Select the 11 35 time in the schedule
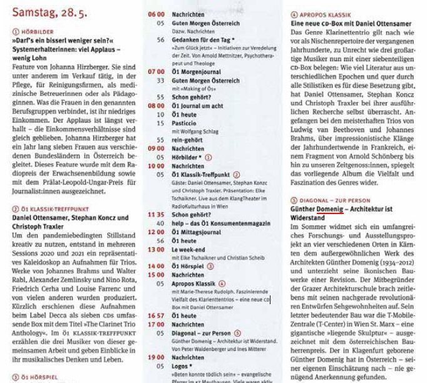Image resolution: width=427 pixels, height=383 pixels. [x=156, y=214]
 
